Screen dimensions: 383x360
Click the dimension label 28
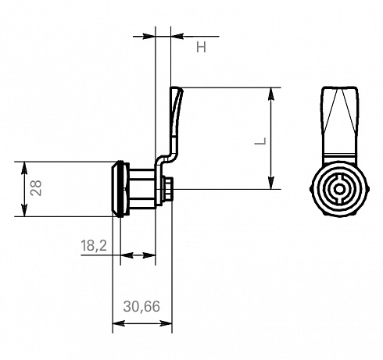36,187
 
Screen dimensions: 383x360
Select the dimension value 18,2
94,245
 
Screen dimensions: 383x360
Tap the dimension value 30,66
141,306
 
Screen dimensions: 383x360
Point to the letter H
201,48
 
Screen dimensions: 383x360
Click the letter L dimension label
260,141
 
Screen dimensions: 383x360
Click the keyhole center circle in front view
339,189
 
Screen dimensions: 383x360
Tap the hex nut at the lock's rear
167,189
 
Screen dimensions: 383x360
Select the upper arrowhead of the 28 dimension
24,168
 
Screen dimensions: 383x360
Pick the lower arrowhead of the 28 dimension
24,210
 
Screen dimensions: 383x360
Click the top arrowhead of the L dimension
271,94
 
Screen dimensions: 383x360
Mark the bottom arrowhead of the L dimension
271,183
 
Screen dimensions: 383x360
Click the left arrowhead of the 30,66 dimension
119,323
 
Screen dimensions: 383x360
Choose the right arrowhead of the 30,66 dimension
166,323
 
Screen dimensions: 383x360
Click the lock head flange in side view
120,189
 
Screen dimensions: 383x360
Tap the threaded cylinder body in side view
142,189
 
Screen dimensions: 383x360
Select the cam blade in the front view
339,123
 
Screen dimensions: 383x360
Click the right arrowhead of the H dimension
177,36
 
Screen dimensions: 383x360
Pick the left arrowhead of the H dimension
149,36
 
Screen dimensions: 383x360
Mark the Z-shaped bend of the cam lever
166,159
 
